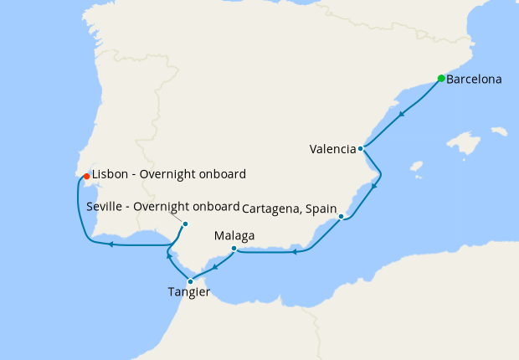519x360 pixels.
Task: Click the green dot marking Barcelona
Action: [441, 79]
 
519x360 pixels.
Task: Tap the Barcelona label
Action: [475, 80]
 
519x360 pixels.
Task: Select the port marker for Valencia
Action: [360, 149]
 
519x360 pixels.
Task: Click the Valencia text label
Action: [331, 150]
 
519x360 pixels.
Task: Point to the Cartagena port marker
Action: [342, 217]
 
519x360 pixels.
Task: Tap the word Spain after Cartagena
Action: [323, 208]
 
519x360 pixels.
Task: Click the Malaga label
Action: [234, 236]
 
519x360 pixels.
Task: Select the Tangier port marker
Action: [191, 281]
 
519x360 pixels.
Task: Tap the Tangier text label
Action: [188, 292]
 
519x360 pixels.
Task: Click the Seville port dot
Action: [185, 224]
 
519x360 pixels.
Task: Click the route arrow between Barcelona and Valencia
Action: [403, 114]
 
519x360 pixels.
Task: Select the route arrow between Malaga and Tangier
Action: [215, 268]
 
